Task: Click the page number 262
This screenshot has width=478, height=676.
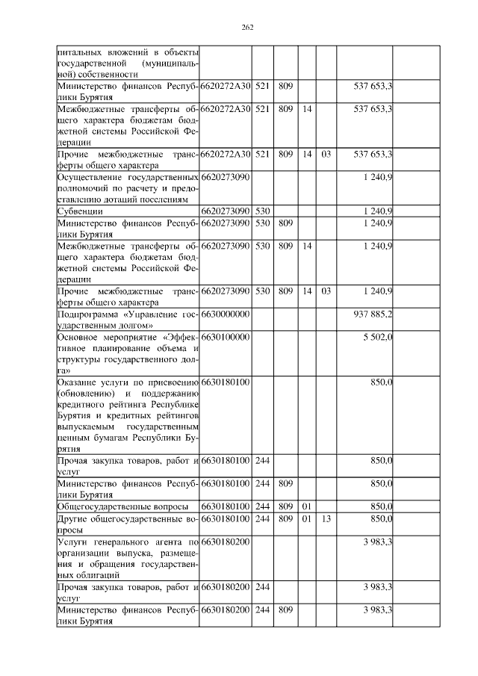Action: (x=248, y=28)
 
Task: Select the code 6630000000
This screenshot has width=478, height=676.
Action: (x=225, y=314)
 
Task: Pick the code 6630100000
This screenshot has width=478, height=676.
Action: (x=225, y=338)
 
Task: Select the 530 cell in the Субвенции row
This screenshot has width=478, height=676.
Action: (x=261, y=211)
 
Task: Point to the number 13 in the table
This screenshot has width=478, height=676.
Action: (x=326, y=518)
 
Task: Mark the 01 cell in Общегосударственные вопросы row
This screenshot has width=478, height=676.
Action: (x=305, y=506)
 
